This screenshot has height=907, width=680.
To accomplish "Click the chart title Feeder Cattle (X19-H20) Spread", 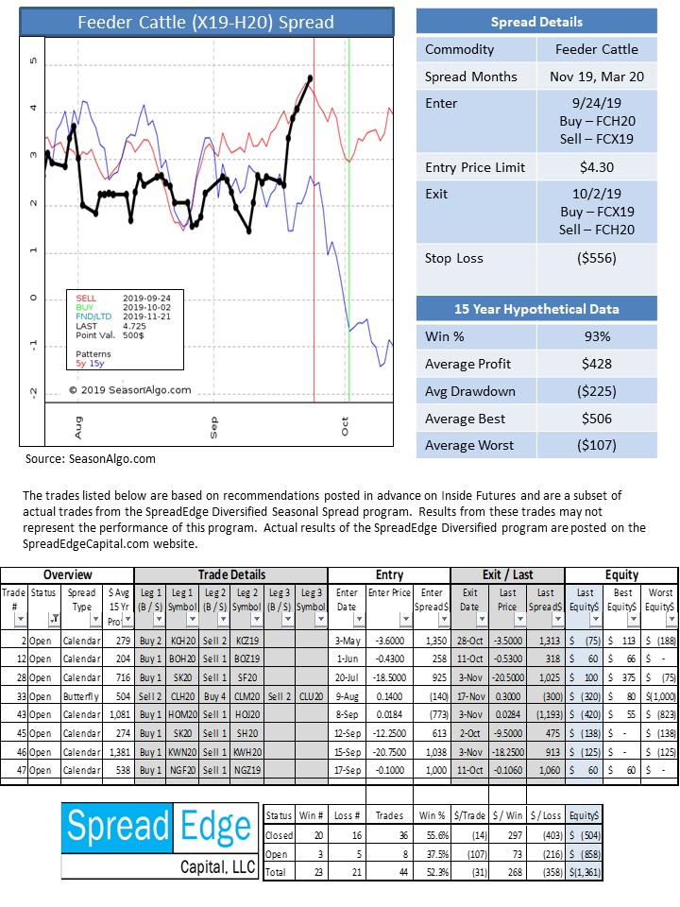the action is [206, 23].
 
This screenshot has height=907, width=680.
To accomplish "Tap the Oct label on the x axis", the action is [345, 426].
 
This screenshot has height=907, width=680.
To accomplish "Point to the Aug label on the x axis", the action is [78, 427].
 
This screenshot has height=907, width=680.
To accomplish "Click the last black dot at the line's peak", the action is [311, 77].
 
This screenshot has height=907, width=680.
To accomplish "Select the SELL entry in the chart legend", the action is [86, 298].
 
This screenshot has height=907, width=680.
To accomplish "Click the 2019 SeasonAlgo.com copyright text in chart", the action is [130, 390].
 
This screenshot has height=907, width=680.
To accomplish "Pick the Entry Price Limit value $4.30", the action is [597, 168].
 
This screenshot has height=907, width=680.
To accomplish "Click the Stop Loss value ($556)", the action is [597, 258].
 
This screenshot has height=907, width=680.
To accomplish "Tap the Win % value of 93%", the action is [597, 336].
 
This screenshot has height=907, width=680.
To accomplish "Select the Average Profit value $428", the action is [597, 364].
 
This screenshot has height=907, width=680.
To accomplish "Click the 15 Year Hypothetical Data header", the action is [536, 309].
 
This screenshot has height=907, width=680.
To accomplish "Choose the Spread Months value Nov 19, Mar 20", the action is [597, 77].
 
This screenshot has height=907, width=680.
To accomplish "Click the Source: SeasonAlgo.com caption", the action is [91, 459].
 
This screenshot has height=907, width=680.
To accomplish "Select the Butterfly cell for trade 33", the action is [81, 696].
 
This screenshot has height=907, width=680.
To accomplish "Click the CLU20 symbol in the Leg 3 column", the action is [311, 696].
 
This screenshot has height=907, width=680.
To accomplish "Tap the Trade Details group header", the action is [231, 575].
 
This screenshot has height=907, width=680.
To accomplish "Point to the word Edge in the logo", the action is [215, 828].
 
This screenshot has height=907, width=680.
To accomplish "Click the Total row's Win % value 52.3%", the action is [437, 872].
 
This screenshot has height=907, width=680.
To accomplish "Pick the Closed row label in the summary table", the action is [279, 835].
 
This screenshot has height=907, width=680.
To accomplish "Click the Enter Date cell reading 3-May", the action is [348, 641].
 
